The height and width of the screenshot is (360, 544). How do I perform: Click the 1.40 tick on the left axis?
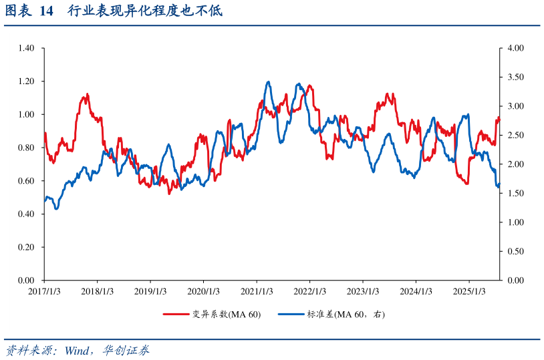click(26, 48)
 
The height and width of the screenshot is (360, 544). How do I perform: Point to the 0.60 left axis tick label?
click(26, 181)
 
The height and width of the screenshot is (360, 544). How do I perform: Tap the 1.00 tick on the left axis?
click(26, 115)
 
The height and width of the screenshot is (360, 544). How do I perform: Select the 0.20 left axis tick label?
click(26, 247)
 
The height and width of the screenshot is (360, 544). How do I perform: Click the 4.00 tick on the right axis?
click(515, 48)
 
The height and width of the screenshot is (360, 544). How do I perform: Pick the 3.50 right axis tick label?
click(515, 77)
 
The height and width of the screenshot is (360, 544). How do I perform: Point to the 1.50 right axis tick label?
click(515, 194)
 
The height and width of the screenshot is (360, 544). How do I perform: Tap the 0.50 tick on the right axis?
click(515, 252)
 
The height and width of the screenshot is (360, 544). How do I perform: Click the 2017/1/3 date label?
click(45, 291)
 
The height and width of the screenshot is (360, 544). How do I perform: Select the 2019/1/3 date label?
click(150, 291)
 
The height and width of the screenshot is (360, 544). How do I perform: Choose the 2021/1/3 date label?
click(257, 291)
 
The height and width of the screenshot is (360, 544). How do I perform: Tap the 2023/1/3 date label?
click(363, 291)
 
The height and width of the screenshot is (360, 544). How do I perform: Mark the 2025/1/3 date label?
click(469, 291)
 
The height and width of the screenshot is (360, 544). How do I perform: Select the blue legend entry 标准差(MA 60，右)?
click(346, 315)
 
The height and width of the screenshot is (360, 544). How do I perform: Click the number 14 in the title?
click(46, 12)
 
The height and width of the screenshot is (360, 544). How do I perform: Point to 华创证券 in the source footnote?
click(126, 351)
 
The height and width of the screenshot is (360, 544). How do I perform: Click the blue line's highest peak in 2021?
click(268, 82)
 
